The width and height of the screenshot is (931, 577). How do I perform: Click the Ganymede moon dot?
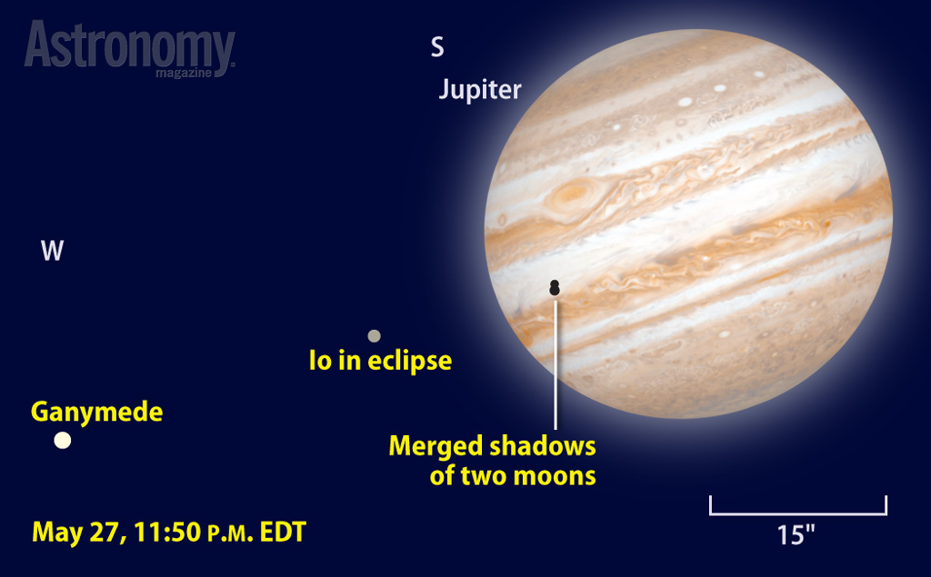click(x=63, y=441)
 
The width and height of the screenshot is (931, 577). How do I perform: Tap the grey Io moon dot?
click(x=374, y=336)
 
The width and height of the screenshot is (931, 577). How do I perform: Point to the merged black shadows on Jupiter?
click(x=555, y=287)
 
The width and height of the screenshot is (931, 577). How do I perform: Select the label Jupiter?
click(x=480, y=90)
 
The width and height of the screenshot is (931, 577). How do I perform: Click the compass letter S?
click(x=437, y=47)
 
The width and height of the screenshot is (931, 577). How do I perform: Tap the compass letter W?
click(x=52, y=251)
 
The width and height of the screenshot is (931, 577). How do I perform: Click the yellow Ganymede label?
click(x=96, y=412)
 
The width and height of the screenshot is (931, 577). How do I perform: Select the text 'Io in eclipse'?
click(x=381, y=361)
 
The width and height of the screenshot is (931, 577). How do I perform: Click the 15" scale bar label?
click(x=796, y=535)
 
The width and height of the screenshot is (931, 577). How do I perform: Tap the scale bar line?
click(x=798, y=512)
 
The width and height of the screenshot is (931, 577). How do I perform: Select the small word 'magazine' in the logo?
click(x=184, y=73)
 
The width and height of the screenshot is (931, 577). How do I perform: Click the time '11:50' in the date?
click(x=167, y=532)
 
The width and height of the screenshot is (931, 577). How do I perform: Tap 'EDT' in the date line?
click(x=283, y=532)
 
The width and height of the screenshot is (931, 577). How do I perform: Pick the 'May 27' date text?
click(x=80, y=532)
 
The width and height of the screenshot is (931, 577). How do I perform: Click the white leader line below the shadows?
click(x=556, y=364)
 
